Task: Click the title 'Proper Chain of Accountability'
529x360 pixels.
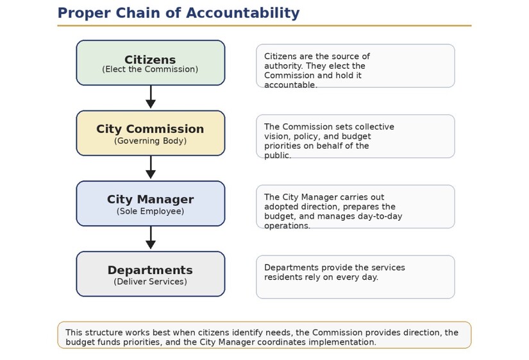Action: coord(178,13)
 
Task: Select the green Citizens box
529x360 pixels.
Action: coord(151,63)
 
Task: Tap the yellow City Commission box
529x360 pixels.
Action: coord(151,133)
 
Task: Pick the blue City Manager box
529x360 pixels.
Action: coord(151,203)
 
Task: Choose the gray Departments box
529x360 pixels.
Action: coord(151,274)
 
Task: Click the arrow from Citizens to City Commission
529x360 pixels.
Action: coord(151,97)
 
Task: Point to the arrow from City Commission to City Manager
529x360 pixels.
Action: coord(151,167)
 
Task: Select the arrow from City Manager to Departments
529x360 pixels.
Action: coord(151,237)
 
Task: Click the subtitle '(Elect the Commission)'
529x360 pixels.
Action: coord(150,69)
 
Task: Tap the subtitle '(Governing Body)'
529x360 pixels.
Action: coord(150,141)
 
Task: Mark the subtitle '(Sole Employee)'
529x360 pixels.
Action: coord(150,211)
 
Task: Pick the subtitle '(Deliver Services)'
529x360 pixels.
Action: coord(150,282)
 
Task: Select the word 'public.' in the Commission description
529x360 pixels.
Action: coord(278,155)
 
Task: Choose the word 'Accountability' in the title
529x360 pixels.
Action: coord(242,13)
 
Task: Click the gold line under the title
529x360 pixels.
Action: coord(264,26)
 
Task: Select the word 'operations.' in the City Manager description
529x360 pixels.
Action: coord(287,226)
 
